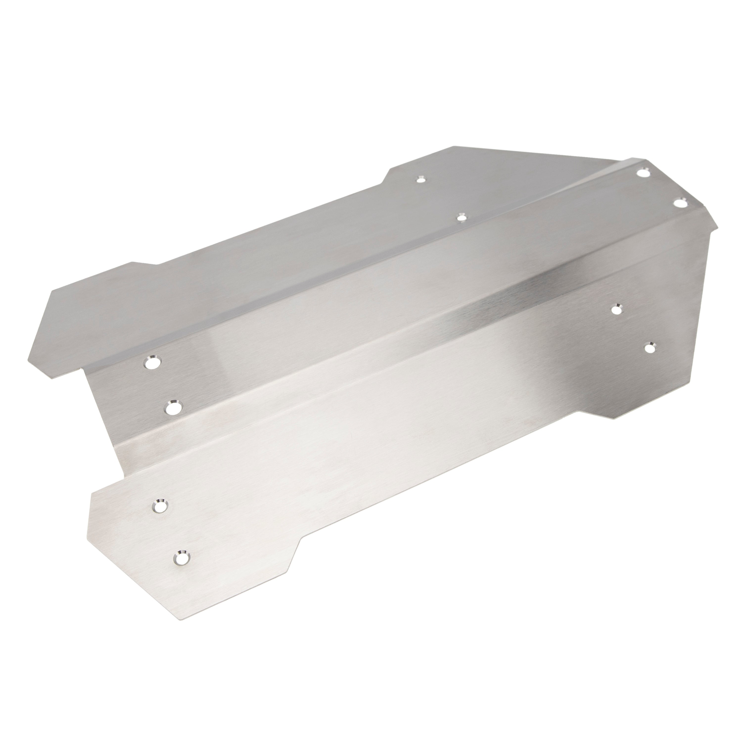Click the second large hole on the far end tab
pos(680,203)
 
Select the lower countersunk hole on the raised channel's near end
pos(174,407)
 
